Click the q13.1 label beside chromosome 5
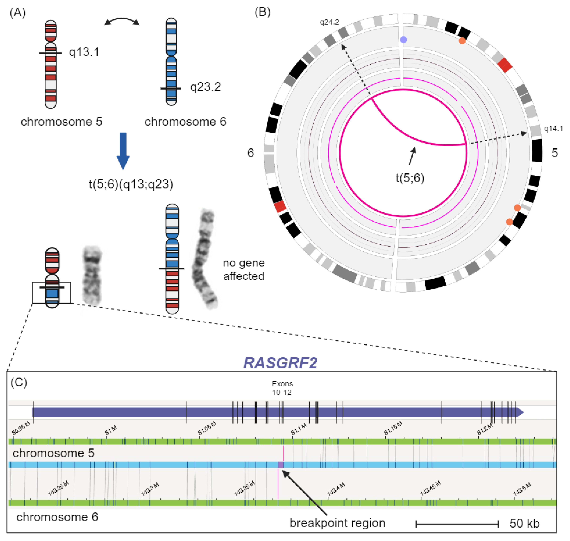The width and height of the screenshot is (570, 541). tap(84, 52)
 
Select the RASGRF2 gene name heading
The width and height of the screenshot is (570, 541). tap(280, 363)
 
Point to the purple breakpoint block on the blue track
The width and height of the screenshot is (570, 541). tap(281, 465)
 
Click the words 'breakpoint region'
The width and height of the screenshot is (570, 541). tap(337, 523)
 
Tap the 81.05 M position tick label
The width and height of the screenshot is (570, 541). tap(207, 429)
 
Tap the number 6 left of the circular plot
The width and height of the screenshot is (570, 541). tap(251, 153)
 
